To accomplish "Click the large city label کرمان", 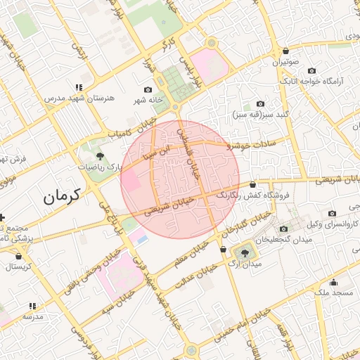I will (x=63, y=196).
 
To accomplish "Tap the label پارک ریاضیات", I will (x=119, y=167).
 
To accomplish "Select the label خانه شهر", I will (x=149, y=101).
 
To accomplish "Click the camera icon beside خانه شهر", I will (x=148, y=90).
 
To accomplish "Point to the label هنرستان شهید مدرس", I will (x=70, y=98).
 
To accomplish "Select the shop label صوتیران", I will (x=288, y=62).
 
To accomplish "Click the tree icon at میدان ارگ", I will (x=244, y=252).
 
